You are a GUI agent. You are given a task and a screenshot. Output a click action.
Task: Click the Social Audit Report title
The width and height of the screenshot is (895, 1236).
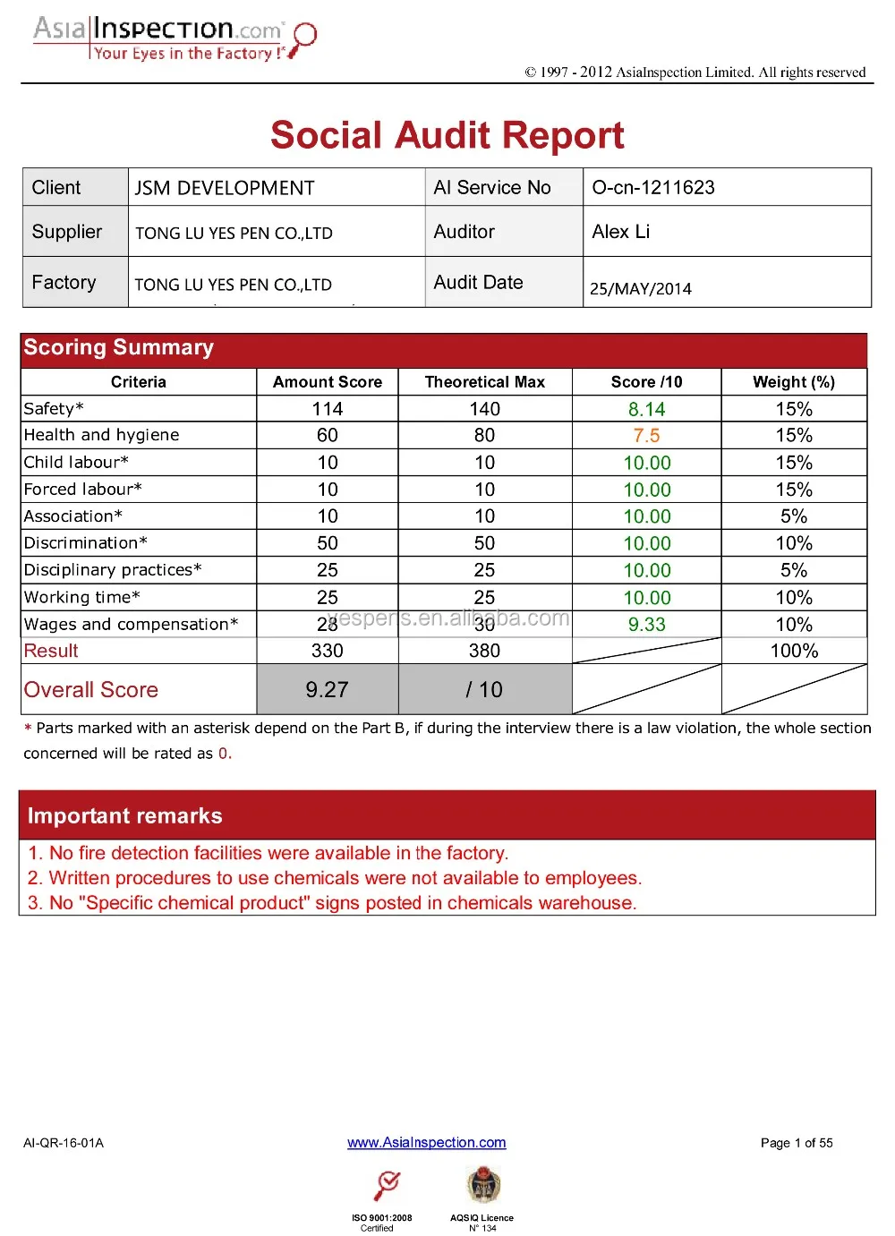447,135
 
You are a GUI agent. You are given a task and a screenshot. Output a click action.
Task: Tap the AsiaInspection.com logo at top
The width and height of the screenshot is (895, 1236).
175,38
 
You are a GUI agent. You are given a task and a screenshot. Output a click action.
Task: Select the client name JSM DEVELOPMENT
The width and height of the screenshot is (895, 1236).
225,188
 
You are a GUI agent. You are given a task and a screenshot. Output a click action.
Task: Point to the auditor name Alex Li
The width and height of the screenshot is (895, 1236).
621,232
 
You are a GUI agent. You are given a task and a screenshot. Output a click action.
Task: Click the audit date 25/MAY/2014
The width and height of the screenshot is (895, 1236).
641,288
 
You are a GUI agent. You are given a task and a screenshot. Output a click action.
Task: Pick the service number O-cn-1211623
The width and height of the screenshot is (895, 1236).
653,187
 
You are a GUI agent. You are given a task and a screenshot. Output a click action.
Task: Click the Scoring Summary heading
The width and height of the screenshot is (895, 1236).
119,347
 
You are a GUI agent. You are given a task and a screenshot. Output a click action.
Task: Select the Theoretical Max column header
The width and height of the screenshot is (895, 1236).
484,382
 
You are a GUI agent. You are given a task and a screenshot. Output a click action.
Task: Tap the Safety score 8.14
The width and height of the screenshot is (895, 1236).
646,409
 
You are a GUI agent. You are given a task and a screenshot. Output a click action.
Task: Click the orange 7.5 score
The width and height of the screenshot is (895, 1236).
646,436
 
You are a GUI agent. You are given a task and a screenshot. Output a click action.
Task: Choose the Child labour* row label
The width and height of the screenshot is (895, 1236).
76,462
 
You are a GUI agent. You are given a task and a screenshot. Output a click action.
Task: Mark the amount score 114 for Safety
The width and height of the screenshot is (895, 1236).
328,409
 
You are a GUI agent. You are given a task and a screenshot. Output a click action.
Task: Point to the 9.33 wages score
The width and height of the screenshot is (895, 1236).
646,625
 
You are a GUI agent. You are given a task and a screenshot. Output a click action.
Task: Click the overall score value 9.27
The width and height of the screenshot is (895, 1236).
327,689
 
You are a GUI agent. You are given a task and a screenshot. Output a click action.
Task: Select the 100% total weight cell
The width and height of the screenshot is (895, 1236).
794,651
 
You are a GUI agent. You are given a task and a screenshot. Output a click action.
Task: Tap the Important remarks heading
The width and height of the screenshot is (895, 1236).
125,815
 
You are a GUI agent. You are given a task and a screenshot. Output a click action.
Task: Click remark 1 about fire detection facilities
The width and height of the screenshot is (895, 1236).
268,853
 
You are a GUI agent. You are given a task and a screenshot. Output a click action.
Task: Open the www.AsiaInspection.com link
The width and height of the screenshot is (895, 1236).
427,1142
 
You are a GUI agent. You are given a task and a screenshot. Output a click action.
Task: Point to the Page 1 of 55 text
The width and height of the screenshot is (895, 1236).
797,1143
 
